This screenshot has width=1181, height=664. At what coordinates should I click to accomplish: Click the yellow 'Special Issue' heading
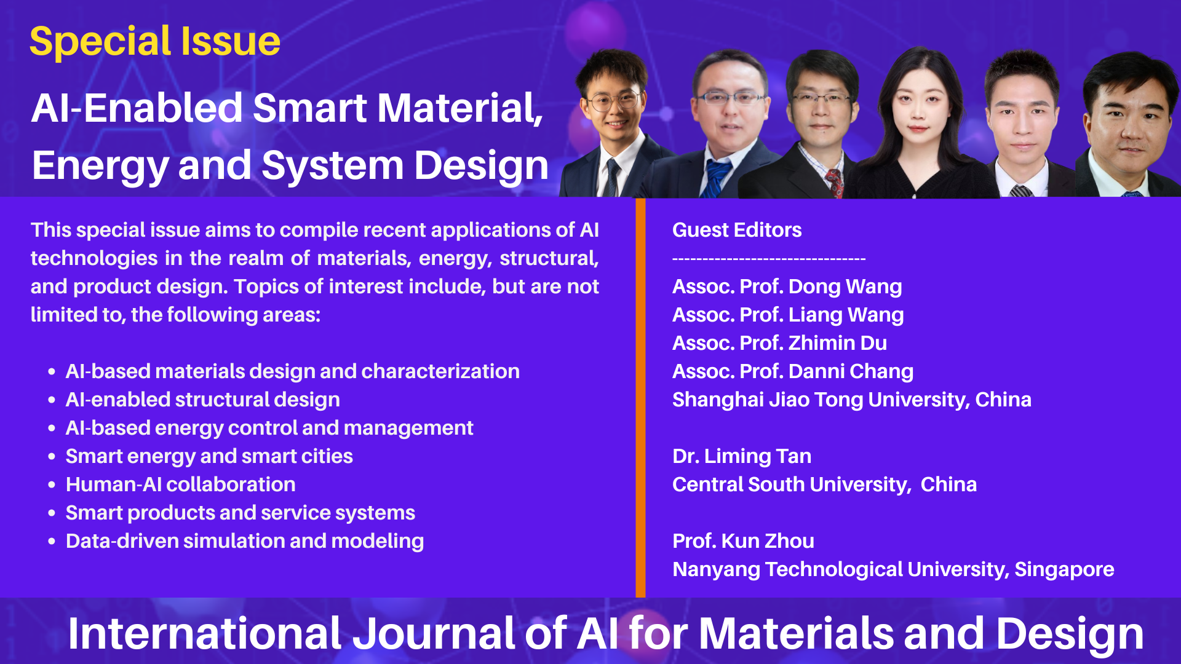pos(155,42)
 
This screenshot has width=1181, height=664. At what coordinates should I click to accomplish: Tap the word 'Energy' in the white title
pos(99,166)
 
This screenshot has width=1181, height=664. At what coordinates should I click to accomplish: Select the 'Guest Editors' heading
pos(737,230)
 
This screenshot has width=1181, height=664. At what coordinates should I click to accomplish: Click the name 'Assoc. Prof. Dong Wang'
pos(787,287)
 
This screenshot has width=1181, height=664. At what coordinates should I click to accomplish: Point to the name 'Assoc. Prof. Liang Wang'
pos(788,315)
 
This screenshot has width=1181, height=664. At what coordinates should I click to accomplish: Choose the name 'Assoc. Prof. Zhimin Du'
pos(779,343)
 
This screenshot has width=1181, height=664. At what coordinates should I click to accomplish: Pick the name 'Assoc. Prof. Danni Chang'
pos(793,371)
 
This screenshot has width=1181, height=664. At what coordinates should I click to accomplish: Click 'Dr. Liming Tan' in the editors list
pos(742,456)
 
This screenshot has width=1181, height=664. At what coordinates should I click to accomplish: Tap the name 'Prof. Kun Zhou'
pos(743,541)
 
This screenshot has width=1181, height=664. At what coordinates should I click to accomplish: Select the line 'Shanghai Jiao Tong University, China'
pos(852,400)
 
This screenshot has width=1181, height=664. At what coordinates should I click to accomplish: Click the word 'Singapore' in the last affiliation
pos(1064,569)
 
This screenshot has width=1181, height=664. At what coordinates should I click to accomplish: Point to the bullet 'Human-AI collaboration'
pos(180,484)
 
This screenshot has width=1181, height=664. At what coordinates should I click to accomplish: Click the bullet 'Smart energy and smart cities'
pos(209,456)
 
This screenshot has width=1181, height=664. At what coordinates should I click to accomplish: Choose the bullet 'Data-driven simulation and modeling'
pos(245,541)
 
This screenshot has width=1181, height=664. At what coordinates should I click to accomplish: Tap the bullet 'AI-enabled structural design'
pos(203,400)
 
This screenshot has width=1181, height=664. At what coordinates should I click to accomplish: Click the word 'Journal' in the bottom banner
pos(433,634)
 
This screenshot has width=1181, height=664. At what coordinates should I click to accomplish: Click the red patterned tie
pos(835,183)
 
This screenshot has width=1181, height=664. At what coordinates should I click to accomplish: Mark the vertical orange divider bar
pos(640,398)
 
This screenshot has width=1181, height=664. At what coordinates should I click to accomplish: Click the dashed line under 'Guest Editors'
pos(769,259)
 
